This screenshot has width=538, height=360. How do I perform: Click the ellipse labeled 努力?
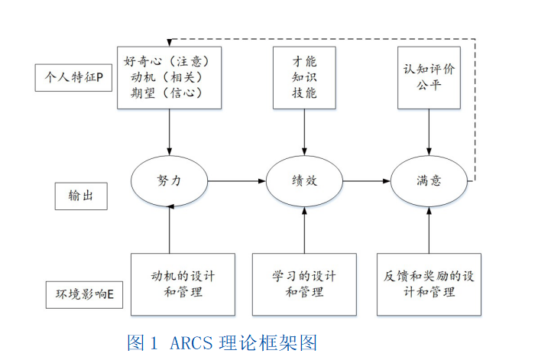(169, 181)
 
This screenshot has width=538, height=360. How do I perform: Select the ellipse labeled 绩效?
(304, 181)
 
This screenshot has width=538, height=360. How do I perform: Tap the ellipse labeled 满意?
(428, 181)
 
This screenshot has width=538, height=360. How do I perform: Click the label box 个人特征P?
(74, 77)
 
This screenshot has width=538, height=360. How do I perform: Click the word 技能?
(304, 94)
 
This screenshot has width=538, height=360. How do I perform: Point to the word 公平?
(429, 84)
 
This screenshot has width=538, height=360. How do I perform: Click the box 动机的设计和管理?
(182, 284)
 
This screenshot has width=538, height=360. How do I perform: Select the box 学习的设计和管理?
(304, 284)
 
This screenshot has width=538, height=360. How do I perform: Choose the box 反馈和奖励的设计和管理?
(429, 284)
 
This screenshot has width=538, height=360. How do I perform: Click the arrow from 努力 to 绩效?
(236, 181)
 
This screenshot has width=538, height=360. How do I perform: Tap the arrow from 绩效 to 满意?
(366, 181)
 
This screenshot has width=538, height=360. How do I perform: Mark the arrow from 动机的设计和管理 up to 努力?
(169, 230)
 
